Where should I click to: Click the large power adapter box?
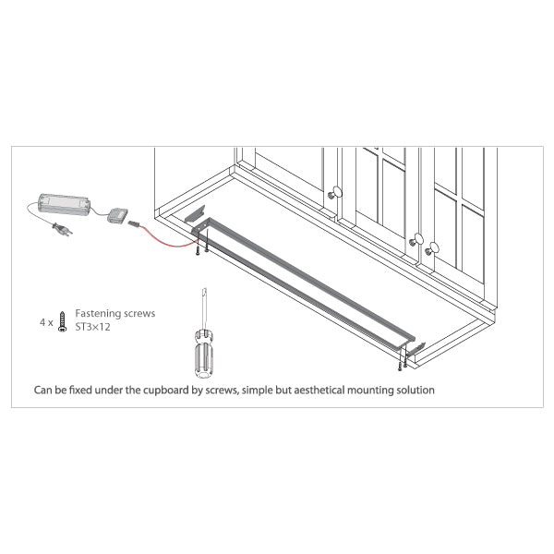[64, 203]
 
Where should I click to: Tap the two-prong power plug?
[62, 229]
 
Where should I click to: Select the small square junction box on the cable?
[117, 215]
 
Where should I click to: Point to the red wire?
[169, 239]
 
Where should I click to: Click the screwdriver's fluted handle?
[204, 353]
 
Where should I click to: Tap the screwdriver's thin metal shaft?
[204, 308]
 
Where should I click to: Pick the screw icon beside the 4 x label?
[62, 321]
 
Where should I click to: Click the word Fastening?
[98, 313]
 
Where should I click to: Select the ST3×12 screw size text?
[92, 327]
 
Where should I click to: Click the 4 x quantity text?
[46, 322]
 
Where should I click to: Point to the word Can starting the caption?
[42, 390]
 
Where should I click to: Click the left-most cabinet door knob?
[335, 193]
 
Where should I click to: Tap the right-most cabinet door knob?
[432, 248]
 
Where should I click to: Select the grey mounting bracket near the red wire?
[195, 214]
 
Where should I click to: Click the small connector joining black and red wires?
[134, 223]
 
